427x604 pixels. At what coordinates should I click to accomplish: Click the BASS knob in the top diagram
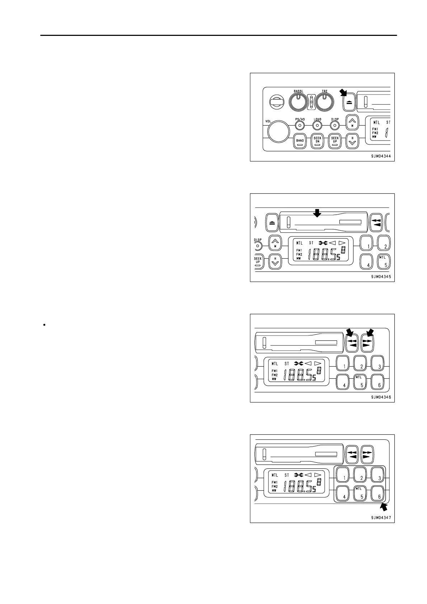(x=298, y=103)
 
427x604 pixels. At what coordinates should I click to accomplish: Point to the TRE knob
(x=324, y=103)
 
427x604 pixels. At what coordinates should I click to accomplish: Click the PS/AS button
(x=300, y=126)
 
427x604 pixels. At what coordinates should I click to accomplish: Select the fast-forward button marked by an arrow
(x=367, y=343)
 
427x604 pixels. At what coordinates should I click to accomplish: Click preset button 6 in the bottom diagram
(x=379, y=494)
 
